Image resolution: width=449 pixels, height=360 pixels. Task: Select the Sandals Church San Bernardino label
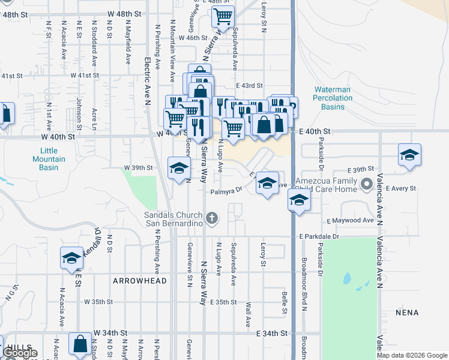(175, 220)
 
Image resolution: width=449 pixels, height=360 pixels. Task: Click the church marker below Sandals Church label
(212, 220)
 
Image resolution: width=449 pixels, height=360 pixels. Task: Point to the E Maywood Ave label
(351, 221)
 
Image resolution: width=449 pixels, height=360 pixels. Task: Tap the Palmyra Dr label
(226, 192)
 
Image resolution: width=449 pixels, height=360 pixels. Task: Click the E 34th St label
(272, 332)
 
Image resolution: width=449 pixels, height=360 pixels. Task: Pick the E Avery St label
(401, 188)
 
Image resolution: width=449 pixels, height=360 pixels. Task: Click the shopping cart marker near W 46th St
(223, 17)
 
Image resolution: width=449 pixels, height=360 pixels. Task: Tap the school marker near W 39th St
(179, 169)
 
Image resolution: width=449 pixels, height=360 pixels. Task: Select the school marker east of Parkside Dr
(409, 155)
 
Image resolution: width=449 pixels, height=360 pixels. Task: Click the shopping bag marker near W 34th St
(80, 344)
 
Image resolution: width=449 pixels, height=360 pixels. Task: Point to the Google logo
(20, 353)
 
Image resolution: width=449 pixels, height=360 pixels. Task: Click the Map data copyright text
(412, 355)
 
